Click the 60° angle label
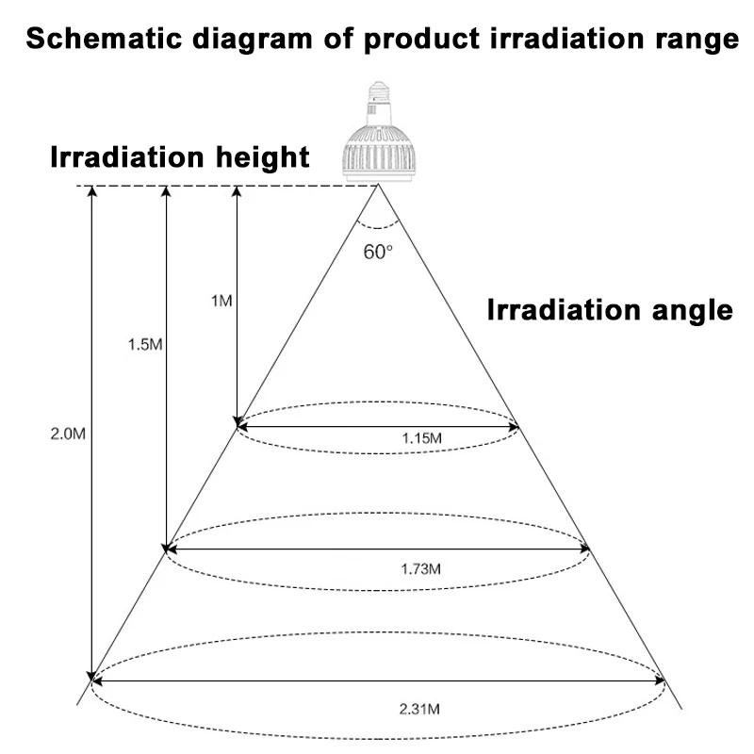[x=378, y=252]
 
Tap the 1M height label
[x=221, y=301]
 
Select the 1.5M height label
[x=145, y=344]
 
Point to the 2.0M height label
[x=68, y=434]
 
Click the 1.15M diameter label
[x=421, y=438]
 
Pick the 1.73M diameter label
[x=420, y=569]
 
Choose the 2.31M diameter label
[x=419, y=709]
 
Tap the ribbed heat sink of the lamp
[x=379, y=154]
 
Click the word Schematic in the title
[x=104, y=39]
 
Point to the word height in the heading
[x=263, y=157]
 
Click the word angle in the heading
[x=693, y=311]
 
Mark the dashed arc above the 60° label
[x=378, y=227]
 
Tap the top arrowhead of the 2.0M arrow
[x=91, y=191]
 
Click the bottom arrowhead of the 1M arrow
[x=237, y=421]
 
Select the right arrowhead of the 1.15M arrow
[x=514, y=426]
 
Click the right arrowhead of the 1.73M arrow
[x=583, y=549]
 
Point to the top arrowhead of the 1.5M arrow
[x=167, y=191]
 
